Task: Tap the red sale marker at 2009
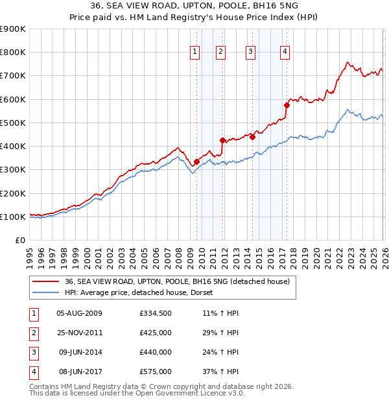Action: click(x=196, y=162)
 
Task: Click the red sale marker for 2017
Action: click(x=286, y=105)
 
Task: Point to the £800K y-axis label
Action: click(x=13, y=53)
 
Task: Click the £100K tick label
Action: click(x=13, y=217)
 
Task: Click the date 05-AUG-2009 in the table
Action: click(x=80, y=313)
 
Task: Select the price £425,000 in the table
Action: click(x=156, y=333)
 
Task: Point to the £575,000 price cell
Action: click(x=156, y=372)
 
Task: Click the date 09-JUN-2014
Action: click(x=80, y=352)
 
